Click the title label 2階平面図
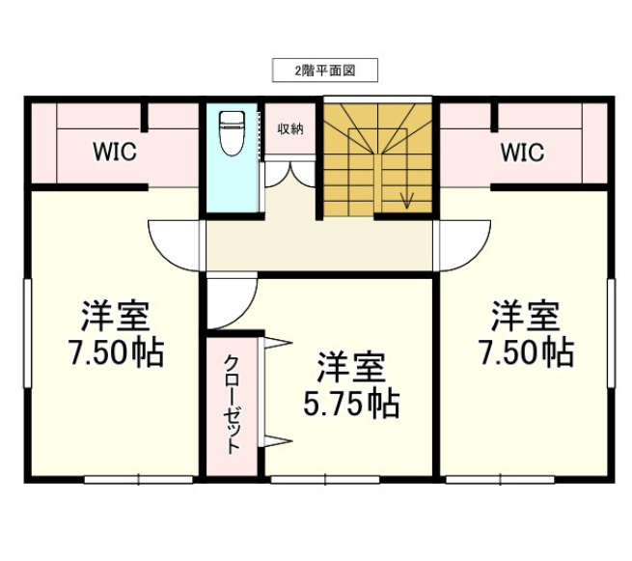[322, 70]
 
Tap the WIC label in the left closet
[114, 152]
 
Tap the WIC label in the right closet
[521, 152]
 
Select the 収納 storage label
[290, 128]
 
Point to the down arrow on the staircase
[407, 198]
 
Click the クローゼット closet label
[233, 405]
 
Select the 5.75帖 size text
[351, 406]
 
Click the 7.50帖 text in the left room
[115, 352]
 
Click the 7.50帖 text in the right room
[526, 352]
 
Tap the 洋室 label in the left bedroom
[115, 316]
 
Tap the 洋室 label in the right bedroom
[526, 316]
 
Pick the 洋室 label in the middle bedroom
[351, 368]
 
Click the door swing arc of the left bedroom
[174, 245]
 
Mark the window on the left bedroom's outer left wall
[27, 333]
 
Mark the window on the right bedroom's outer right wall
[612, 333]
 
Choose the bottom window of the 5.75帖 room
[324, 479]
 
